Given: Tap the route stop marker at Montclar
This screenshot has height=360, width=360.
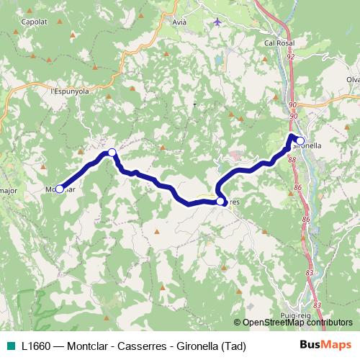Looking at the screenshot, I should click(59, 189).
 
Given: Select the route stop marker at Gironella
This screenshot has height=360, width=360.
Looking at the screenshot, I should click(300, 140).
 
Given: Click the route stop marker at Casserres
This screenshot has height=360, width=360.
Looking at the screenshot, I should click(220, 202).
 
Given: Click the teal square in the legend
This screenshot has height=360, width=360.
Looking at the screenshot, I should click(11, 345).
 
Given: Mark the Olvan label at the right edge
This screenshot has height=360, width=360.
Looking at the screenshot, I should click(352, 79).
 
